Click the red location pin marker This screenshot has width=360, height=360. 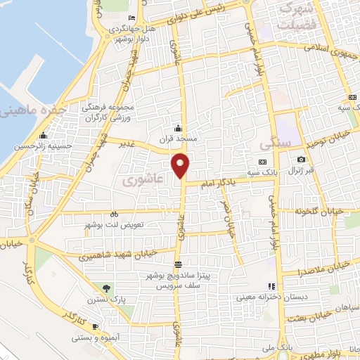181,166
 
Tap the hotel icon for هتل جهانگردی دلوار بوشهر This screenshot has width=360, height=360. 132,18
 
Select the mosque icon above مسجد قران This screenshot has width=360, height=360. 178,128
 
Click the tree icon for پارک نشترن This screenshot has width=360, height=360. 106,288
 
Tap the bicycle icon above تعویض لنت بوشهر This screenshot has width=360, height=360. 114,214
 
